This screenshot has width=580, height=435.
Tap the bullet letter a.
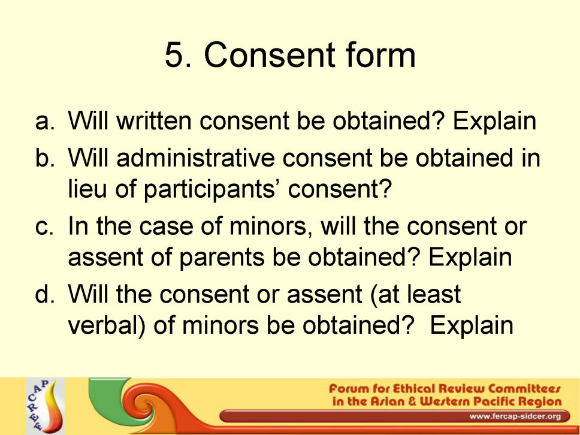[45, 122]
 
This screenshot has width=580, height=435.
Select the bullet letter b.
[45, 158]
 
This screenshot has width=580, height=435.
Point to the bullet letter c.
[45, 226]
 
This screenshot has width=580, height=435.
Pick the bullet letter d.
[45, 294]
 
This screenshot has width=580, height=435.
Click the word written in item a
[154, 120]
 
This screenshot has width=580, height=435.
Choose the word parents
[222, 258]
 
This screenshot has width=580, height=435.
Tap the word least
[434, 294]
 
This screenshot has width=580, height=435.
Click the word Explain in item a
[494, 121]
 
